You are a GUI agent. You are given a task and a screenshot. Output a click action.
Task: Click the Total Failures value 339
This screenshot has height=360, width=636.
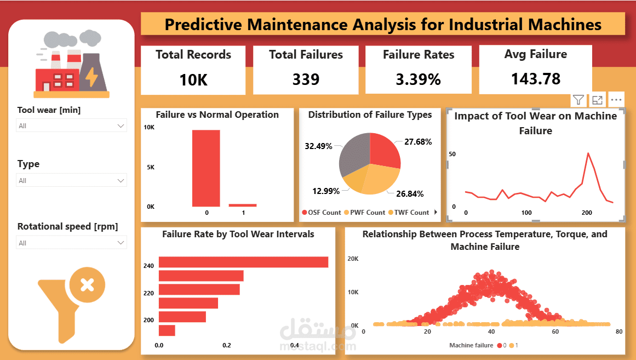[306, 79]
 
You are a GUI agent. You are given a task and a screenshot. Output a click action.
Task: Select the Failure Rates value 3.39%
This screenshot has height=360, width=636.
[418, 79]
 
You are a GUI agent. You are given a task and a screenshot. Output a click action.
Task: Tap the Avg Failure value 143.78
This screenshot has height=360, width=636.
[535, 79]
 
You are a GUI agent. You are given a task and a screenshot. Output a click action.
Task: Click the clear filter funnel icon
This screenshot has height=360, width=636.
[71, 301]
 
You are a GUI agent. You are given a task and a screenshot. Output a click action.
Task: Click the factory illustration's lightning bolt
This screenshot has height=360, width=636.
[91, 77]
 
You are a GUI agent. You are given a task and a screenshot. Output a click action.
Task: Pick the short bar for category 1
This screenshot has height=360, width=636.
[242, 205]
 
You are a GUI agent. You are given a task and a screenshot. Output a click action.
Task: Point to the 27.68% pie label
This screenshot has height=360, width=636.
[417, 142]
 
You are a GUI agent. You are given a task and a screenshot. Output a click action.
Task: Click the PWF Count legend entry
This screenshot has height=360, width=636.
[364, 213]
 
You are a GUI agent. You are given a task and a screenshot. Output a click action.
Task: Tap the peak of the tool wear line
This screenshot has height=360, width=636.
[588, 153]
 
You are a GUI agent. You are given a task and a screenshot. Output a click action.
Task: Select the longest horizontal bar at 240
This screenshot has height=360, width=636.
[243, 262]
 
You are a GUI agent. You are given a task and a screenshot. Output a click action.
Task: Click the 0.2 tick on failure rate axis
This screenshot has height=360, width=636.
[227, 346]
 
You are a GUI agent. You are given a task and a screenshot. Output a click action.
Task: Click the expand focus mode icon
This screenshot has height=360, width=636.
[597, 100]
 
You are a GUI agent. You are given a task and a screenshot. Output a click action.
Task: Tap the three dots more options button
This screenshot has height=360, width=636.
[616, 100]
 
